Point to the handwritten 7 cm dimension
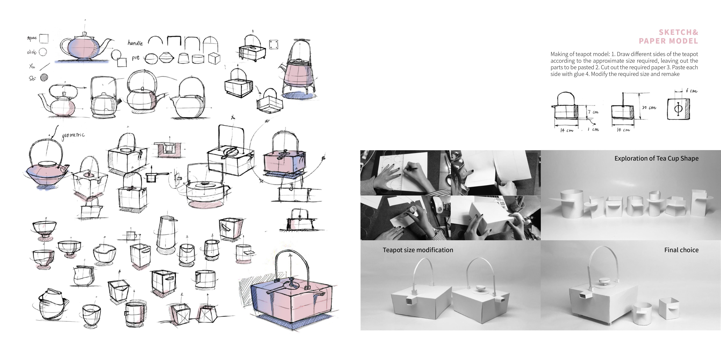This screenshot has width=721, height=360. [593, 112]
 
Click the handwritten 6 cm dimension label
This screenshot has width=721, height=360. [691, 91]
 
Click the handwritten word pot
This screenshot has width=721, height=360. [135, 58]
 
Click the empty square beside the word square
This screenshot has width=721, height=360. [44, 38]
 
